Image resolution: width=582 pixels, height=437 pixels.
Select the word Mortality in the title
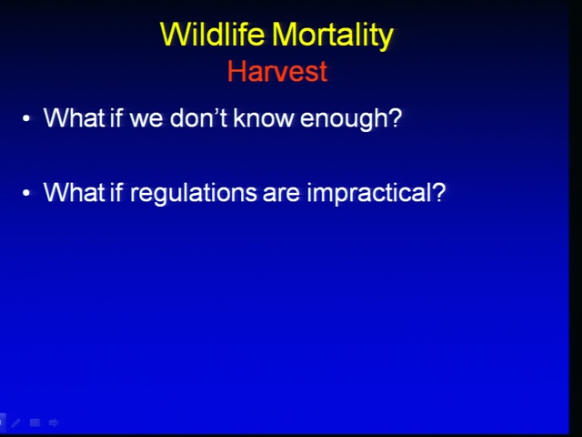pyautogui.click(x=332, y=35)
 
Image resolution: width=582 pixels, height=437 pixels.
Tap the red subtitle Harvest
pyautogui.click(x=277, y=71)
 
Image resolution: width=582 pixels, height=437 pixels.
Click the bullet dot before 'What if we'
pyautogui.click(x=26, y=118)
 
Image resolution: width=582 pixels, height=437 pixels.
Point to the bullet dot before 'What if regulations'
pyautogui.click(x=26, y=193)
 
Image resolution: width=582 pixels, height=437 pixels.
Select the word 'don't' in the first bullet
pyautogui.click(x=198, y=117)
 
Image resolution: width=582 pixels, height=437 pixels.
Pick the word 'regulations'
pyautogui.click(x=193, y=193)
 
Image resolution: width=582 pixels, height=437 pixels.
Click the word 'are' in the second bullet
pyautogui.click(x=281, y=194)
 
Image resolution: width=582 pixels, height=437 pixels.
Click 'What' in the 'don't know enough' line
pyautogui.click(x=75, y=117)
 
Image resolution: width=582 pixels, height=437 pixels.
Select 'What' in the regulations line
pyautogui.click(x=75, y=192)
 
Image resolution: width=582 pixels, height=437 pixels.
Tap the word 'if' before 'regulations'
pyautogui.click(x=116, y=192)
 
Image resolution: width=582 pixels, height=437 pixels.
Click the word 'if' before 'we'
pyautogui.click(x=116, y=117)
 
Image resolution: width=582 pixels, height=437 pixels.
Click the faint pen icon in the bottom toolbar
pyautogui.click(x=16, y=422)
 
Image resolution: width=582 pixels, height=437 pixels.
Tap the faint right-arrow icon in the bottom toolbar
pyautogui.click(x=54, y=422)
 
